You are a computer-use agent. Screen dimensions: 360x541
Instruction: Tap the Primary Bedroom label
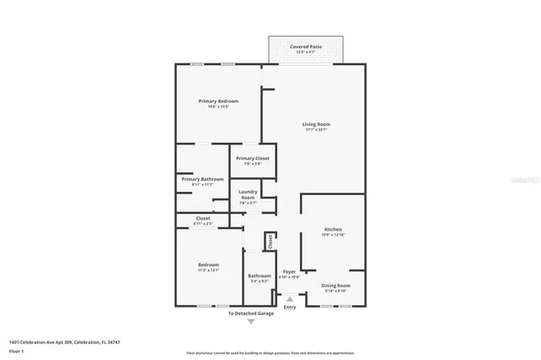click(212, 101)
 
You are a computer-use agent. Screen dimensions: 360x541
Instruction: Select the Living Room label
click(315, 124)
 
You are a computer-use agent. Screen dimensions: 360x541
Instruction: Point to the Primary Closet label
click(252, 158)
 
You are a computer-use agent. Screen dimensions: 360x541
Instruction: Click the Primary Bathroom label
click(202, 178)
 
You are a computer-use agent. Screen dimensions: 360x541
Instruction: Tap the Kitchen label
click(333, 229)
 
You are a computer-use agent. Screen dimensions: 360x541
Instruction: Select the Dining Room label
click(336, 286)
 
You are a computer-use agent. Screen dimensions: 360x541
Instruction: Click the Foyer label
click(289, 272)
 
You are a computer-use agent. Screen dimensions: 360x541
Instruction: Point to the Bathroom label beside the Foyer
click(260, 275)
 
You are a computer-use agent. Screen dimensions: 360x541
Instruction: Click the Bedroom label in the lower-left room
click(208, 265)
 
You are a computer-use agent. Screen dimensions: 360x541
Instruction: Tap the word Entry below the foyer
click(290, 307)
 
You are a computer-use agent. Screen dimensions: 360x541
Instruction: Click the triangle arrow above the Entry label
click(290, 298)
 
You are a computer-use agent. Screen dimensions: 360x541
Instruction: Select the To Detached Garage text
click(250, 314)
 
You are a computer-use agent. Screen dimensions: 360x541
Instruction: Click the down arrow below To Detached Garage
click(250, 322)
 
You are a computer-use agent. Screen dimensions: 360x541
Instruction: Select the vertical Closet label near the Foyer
click(270, 242)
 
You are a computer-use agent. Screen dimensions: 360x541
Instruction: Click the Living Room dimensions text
click(315, 129)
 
